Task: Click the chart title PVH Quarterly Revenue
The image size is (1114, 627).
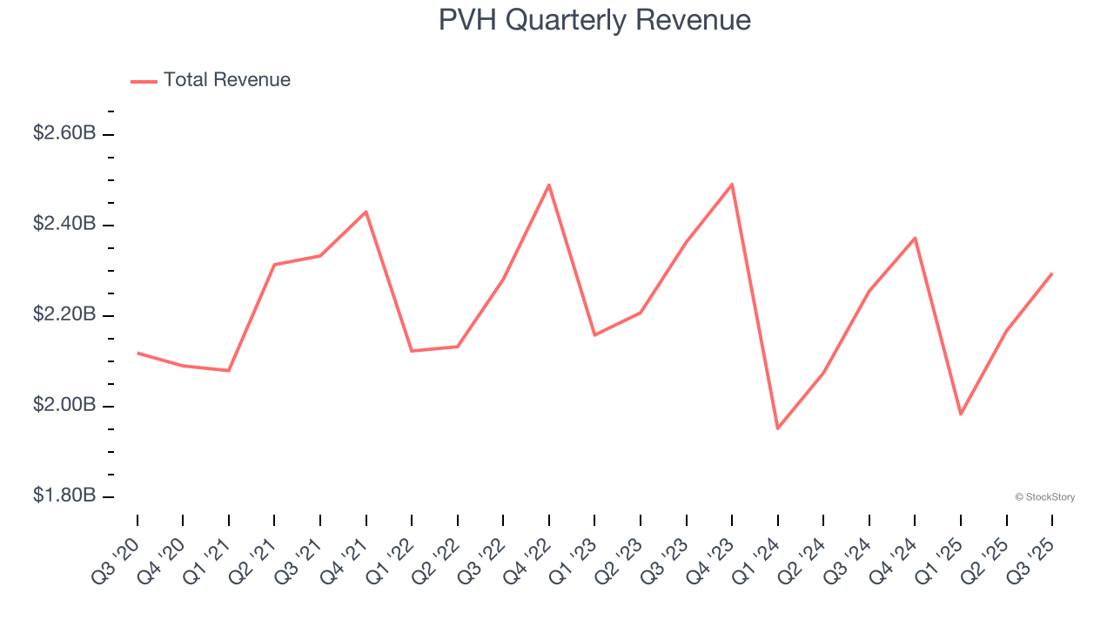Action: [x=594, y=20]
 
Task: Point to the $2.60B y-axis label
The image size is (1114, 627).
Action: [x=64, y=133]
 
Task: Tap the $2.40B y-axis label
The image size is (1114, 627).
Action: [x=64, y=224]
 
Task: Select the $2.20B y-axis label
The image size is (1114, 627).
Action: [x=64, y=314]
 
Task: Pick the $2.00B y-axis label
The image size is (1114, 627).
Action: [x=64, y=405]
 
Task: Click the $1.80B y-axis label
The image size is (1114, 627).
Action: [x=64, y=496]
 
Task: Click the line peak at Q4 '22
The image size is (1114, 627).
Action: [x=549, y=185]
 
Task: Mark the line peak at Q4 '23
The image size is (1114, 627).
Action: [x=732, y=184]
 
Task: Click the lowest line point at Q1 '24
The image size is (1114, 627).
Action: [x=777, y=428]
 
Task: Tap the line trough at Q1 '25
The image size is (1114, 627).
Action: [x=961, y=415]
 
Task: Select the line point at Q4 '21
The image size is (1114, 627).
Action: [x=366, y=212]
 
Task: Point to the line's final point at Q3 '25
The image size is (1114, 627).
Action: [x=1052, y=273]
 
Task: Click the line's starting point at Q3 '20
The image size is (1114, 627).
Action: [x=138, y=353]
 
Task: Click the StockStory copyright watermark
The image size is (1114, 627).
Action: [x=1044, y=497]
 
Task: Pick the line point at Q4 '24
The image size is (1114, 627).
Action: [x=915, y=238]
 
